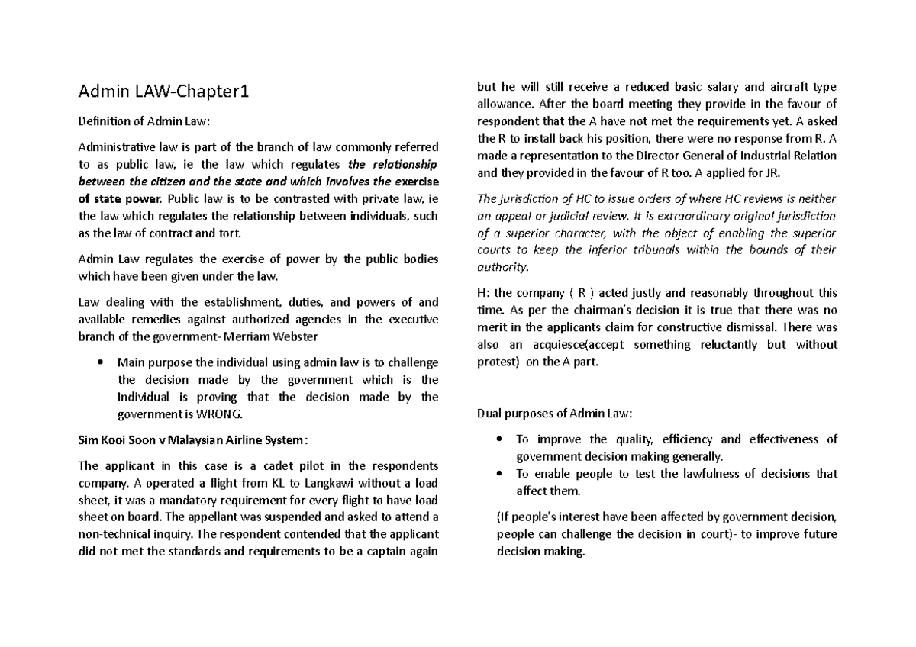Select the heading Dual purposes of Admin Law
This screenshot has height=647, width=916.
554,414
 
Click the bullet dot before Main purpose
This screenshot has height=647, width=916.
101,362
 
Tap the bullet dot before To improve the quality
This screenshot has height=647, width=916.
498,439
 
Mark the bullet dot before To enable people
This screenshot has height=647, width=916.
498,474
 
